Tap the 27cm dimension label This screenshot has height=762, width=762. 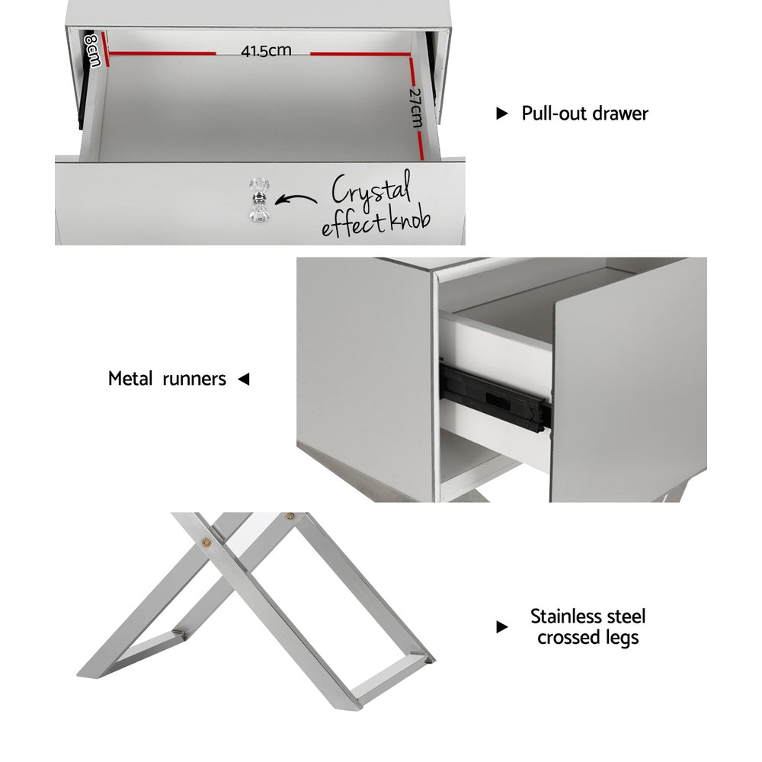pos(414,107)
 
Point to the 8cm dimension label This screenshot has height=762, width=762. pos(92,49)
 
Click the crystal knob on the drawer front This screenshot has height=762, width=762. pos(255,201)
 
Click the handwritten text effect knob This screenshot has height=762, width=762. pos(376,223)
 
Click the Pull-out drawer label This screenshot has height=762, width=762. pos(584,114)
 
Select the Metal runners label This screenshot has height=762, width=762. pos(167,379)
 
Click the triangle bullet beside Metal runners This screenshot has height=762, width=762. pos(244,379)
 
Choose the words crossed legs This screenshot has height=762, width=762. pos(588,638)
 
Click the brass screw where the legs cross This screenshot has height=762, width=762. pos(207,543)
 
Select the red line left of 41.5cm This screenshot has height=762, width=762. pos(162,53)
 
